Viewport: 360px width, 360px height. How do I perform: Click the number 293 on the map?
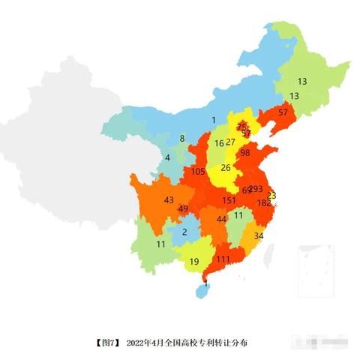(x=256, y=189)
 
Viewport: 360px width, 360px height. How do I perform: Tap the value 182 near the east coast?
(x=264, y=203)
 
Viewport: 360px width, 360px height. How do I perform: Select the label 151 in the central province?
(x=229, y=201)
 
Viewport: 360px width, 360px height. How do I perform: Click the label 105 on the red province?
(x=198, y=172)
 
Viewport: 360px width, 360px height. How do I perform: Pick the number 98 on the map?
(x=244, y=152)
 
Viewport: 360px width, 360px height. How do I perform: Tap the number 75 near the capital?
(x=241, y=127)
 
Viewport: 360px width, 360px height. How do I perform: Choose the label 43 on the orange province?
(x=169, y=200)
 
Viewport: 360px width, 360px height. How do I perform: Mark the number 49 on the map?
(x=183, y=208)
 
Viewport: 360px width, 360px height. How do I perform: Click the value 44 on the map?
(x=221, y=219)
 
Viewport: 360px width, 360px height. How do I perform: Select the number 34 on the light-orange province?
(x=259, y=235)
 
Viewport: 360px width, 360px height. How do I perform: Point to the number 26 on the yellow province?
(x=226, y=167)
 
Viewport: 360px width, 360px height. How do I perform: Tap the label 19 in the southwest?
(x=193, y=262)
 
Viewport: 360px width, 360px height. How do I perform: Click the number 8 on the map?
(x=181, y=139)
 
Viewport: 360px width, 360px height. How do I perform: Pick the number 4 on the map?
(x=167, y=157)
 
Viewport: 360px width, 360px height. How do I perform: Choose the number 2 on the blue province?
(x=184, y=232)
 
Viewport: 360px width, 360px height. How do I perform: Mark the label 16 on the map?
(x=219, y=142)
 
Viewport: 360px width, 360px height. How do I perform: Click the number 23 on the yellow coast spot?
(x=271, y=195)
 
